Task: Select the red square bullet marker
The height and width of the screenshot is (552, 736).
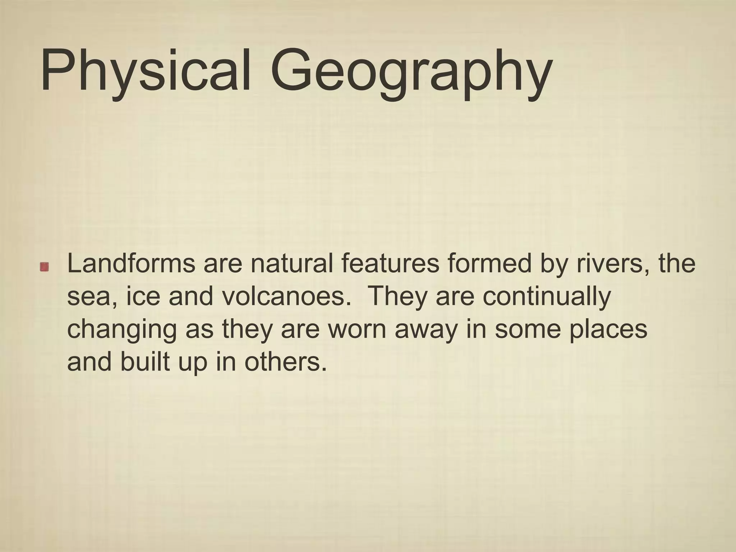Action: [x=45, y=267]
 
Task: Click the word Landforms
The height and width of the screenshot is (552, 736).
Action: [x=131, y=263]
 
